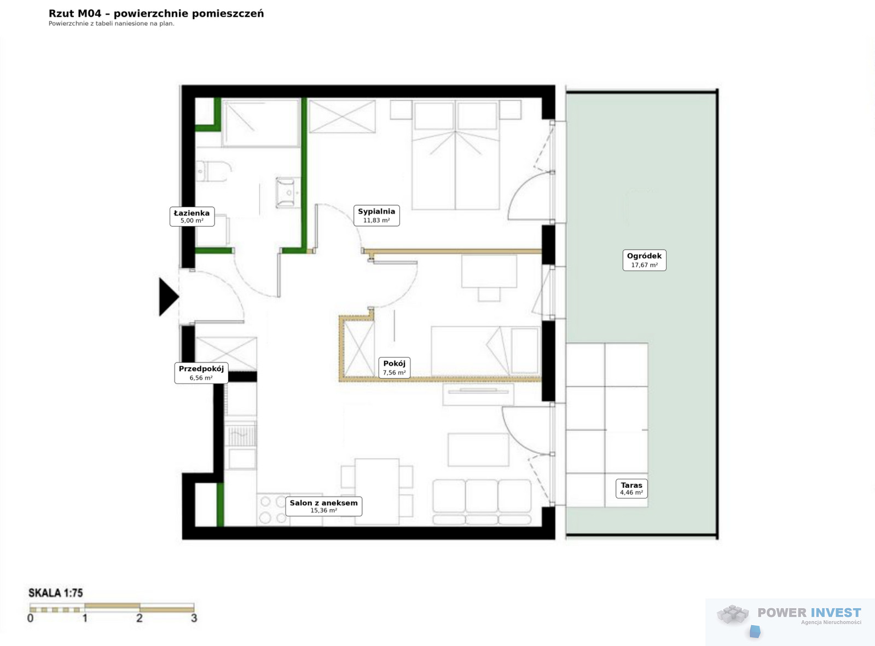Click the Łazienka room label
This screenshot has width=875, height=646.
point(192,216)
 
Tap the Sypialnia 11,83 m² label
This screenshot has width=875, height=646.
point(376,215)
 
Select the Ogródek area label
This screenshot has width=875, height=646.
point(644,259)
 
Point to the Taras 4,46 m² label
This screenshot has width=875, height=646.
point(631,488)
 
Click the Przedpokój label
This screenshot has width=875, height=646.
point(201,372)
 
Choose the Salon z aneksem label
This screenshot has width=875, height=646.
point(323,506)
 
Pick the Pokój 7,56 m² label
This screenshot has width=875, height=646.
point(394,367)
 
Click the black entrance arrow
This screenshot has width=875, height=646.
point(169,297)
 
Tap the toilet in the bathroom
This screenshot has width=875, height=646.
point(213,171)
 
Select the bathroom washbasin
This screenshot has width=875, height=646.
point(288,192)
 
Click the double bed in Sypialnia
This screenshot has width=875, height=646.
point(456,155)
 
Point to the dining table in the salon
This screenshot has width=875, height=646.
point(376,491)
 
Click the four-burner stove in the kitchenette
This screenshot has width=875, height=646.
point(273,510)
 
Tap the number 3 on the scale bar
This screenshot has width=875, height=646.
point(194,618)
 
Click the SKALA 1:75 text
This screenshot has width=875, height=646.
point(56,593)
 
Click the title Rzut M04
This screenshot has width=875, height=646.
point(74,14)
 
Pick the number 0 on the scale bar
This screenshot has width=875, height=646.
point(31,618)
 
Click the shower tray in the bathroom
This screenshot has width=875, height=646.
point(261,123)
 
